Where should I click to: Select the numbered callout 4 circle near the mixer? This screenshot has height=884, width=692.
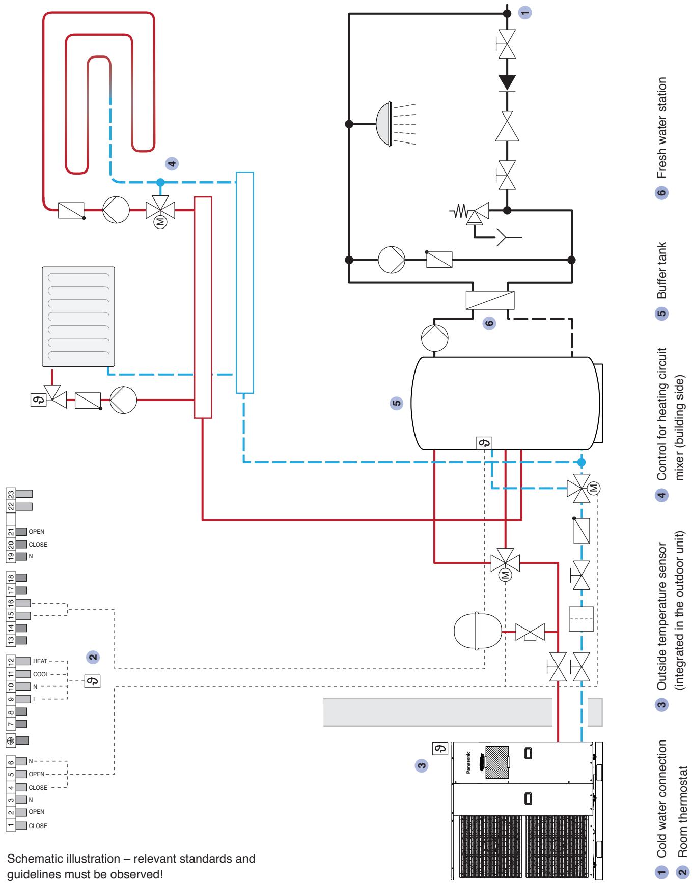point(172,163)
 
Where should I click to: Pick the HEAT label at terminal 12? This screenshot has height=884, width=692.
point(40,661)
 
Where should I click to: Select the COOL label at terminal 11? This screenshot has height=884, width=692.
point(41,674)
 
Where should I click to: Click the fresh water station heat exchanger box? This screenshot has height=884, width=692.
point(490,300)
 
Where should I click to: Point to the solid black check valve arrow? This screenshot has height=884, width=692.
point(507,81)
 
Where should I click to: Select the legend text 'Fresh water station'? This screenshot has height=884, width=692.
point(661,128)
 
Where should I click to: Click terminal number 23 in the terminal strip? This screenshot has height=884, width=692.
point(10,494)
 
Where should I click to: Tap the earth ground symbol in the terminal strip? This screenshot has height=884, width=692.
point(10,740)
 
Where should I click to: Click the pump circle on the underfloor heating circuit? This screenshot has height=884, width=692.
point(116,209)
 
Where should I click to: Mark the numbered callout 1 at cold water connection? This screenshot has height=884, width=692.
point(525,13)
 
